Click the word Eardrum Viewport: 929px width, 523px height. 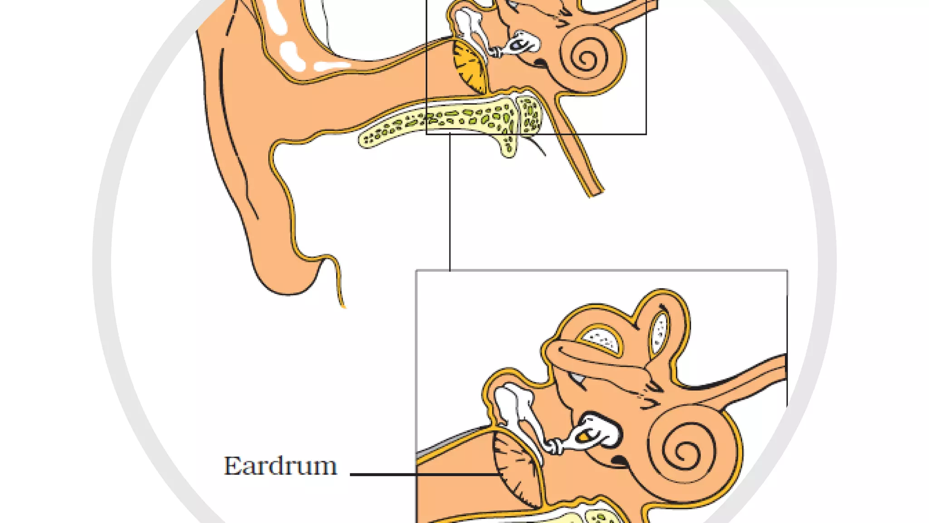(280, 466)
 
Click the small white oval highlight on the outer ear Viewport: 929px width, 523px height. (290, 54)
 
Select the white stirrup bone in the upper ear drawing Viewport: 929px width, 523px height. (522, 43)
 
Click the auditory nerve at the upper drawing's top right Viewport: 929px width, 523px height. (635, 11)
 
